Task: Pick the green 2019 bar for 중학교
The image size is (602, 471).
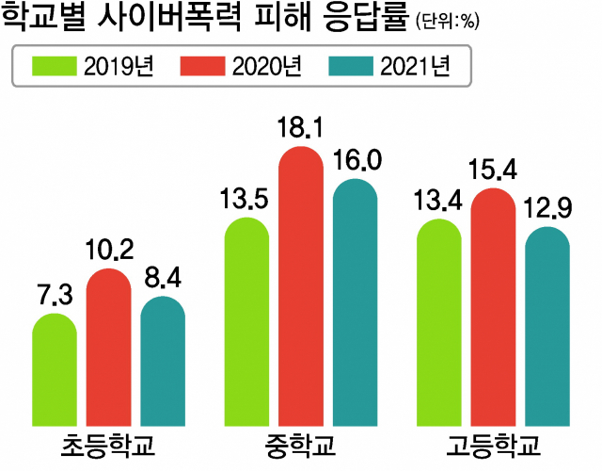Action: (246, 321)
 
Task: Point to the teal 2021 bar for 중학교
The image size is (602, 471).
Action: (356, 301)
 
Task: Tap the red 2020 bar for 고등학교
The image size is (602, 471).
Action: (493, 306)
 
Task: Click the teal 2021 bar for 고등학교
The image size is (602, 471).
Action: (547, 326)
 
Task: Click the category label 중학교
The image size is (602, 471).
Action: (301, 445)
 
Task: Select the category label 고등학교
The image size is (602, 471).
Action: (493, 445)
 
